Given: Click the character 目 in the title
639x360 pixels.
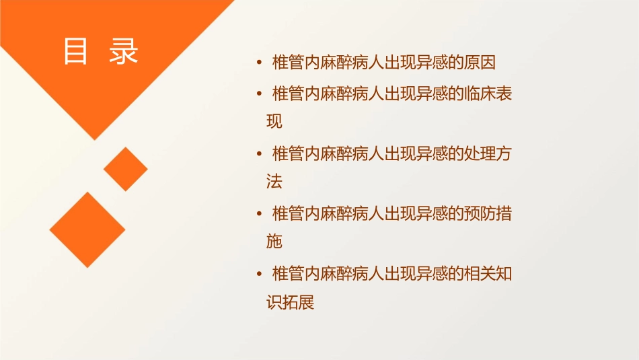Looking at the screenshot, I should (x=75, y=52).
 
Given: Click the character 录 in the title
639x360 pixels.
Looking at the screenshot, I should (x=123, y=52).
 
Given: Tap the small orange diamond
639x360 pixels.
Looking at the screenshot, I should (x=126, y=169).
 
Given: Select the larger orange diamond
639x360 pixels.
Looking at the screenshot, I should (x=87, y=229).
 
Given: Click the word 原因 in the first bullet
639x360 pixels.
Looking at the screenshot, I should (x=480, y=63).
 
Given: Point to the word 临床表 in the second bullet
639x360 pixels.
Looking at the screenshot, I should (x=488, y=94).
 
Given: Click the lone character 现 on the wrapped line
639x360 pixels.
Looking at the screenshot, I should (x=274, y=122).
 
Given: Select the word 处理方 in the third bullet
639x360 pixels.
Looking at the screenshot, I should (x=488, y=154).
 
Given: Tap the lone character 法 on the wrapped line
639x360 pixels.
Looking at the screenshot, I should (x=274, y=182).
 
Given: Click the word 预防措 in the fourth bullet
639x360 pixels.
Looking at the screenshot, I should (x=488, y=214).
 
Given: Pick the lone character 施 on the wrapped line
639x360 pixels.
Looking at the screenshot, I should (x=274, y=242).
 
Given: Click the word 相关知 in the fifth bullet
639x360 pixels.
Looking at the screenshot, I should (x=488, y=274).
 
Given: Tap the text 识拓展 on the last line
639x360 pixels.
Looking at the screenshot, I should (x=291, y=302).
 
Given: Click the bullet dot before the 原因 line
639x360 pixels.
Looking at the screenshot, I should (x=260, y=64).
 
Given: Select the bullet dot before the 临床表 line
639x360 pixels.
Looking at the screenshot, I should (x=260, y=95).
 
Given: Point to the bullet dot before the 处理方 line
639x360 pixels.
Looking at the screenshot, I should (x=260, y=155).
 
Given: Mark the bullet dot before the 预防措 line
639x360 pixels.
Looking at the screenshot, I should (x=260, y=215).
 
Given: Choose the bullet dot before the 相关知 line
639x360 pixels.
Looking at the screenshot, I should (x=260, y=275).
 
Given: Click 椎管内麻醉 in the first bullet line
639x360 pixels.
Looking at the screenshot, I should (x=311, y=63).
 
